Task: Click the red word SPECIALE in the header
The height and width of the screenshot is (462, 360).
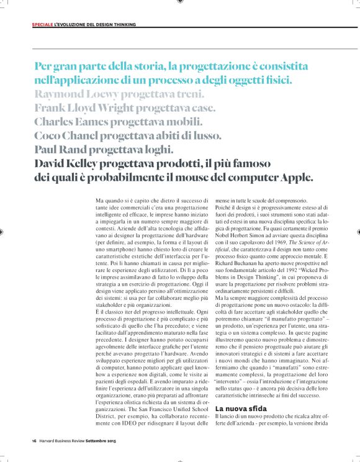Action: pos(43,25)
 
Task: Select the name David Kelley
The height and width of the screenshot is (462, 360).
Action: pos(69,163)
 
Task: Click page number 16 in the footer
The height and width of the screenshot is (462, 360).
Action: pos(35,442)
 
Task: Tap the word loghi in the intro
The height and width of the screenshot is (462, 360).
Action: pos(163,150)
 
